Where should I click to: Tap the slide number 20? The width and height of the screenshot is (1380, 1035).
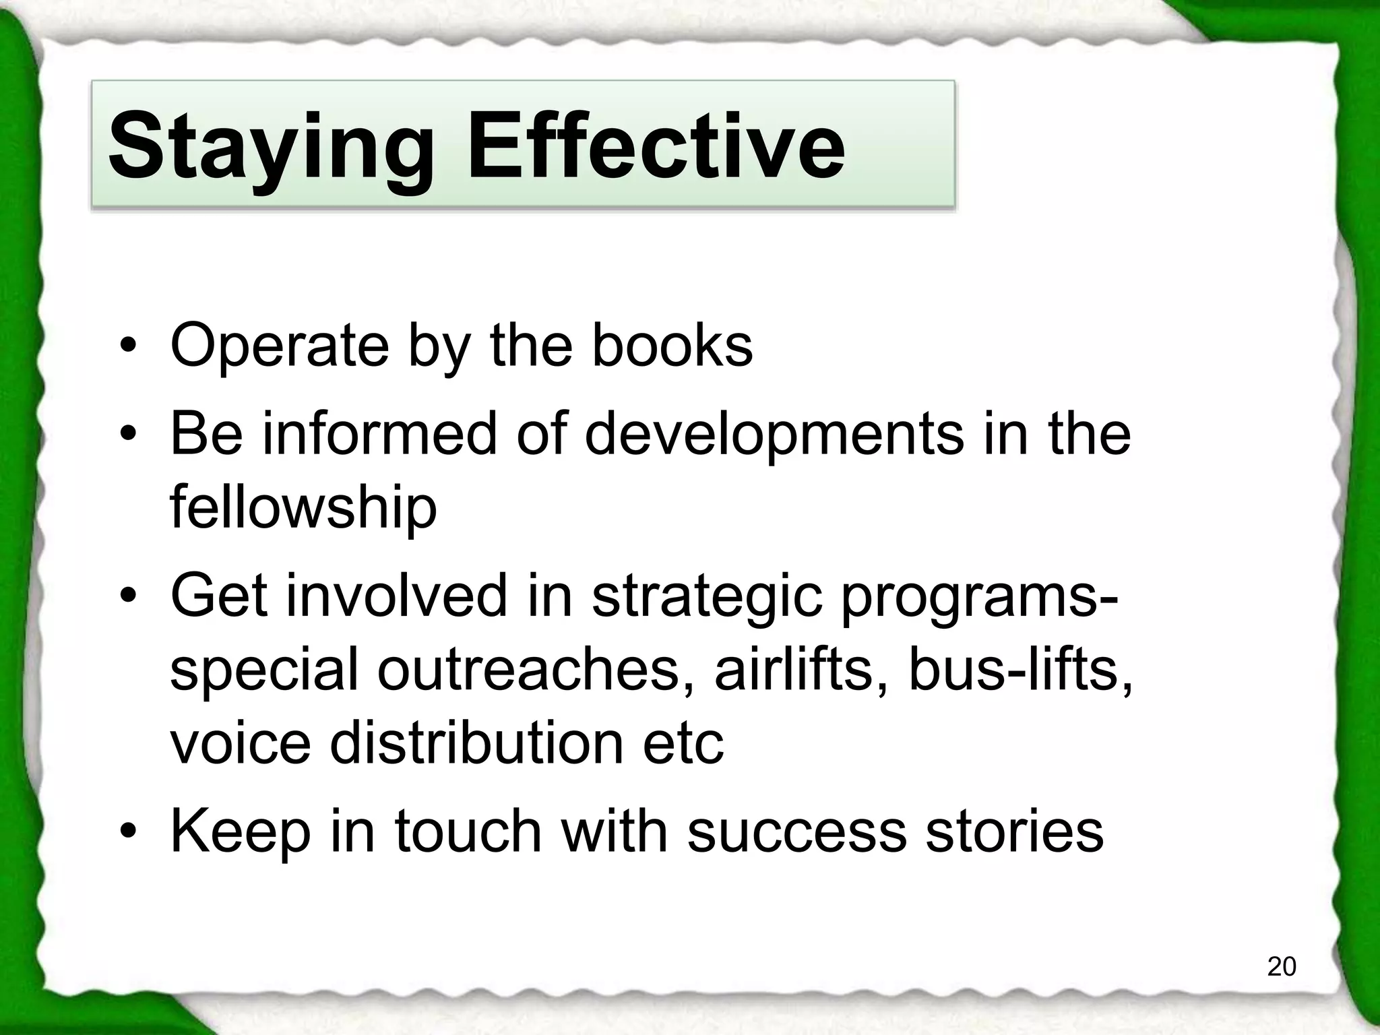click(x=1281, y=966)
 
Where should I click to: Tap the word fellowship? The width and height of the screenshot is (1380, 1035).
click(x=303, y=507)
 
